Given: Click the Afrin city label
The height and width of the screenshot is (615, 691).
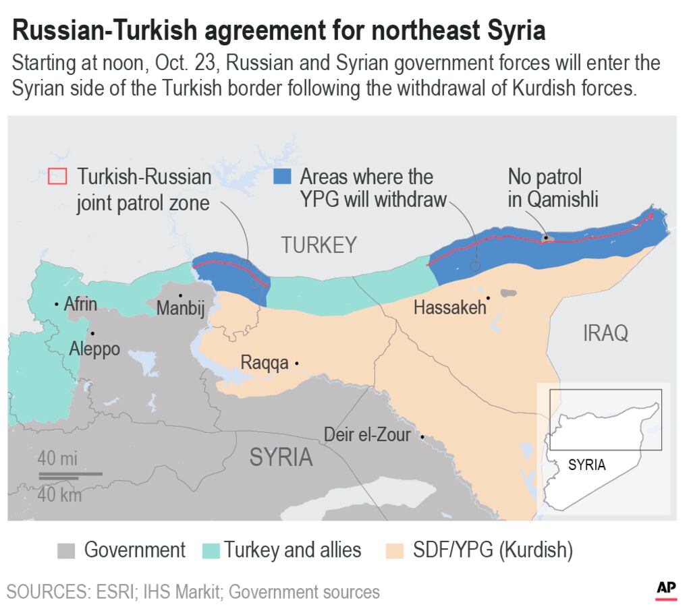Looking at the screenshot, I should coord(80,304).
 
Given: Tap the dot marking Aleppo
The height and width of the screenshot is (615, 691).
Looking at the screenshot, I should coord(92,333).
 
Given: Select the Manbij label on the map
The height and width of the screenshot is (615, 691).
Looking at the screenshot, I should coord(180,308).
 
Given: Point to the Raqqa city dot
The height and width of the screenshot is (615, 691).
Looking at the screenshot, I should coord(297,363).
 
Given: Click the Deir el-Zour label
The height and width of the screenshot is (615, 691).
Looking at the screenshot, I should coord(367,435).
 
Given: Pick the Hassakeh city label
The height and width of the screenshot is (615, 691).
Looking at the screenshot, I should coord(449,307).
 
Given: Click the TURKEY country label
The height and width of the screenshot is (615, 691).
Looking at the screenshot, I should coord(319,245).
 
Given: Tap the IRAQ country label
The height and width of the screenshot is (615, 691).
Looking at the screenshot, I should coord(605,332).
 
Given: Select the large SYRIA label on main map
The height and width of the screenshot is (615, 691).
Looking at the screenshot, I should coord(281,457).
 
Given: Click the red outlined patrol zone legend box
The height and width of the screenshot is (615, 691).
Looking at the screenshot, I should coord(58,177).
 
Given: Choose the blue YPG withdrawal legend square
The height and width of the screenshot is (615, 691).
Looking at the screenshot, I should coord(281,177).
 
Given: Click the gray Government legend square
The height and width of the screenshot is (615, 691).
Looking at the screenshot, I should coord(66,550).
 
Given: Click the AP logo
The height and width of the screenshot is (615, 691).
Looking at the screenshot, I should coord(666,589).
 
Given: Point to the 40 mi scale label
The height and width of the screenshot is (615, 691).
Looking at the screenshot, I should coord(57,459).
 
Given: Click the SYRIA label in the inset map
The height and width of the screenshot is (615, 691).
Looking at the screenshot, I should coord(586,465).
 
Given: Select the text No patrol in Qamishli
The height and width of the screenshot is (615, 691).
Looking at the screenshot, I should coord(553,188).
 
